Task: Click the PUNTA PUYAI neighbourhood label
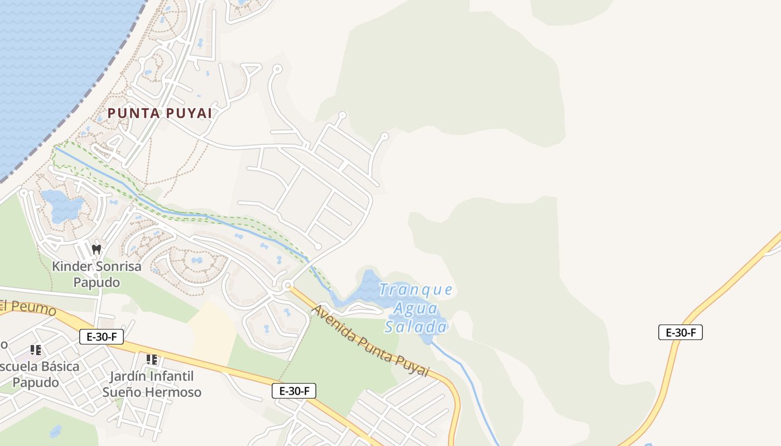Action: click(x=160, y=113)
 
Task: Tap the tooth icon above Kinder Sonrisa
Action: click(x=97, y=249)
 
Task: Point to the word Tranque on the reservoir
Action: click(x=416, y=290)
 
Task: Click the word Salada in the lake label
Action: click(x=416, y=327)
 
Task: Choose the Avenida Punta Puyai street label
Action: click(x=370, y=341)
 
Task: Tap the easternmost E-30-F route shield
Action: click(x=680, y=333)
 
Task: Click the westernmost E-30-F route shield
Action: click(x=101, y=337)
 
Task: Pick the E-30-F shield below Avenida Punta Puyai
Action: click(x=294, y=391)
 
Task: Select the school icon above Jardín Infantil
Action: click(x=151, y=360)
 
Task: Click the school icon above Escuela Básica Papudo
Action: click(x=36, y=350)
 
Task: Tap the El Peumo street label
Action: click(x=28, y=307)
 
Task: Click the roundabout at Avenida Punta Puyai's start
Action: click(x=287, y=286)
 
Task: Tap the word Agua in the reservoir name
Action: click(x=416, y=308)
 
